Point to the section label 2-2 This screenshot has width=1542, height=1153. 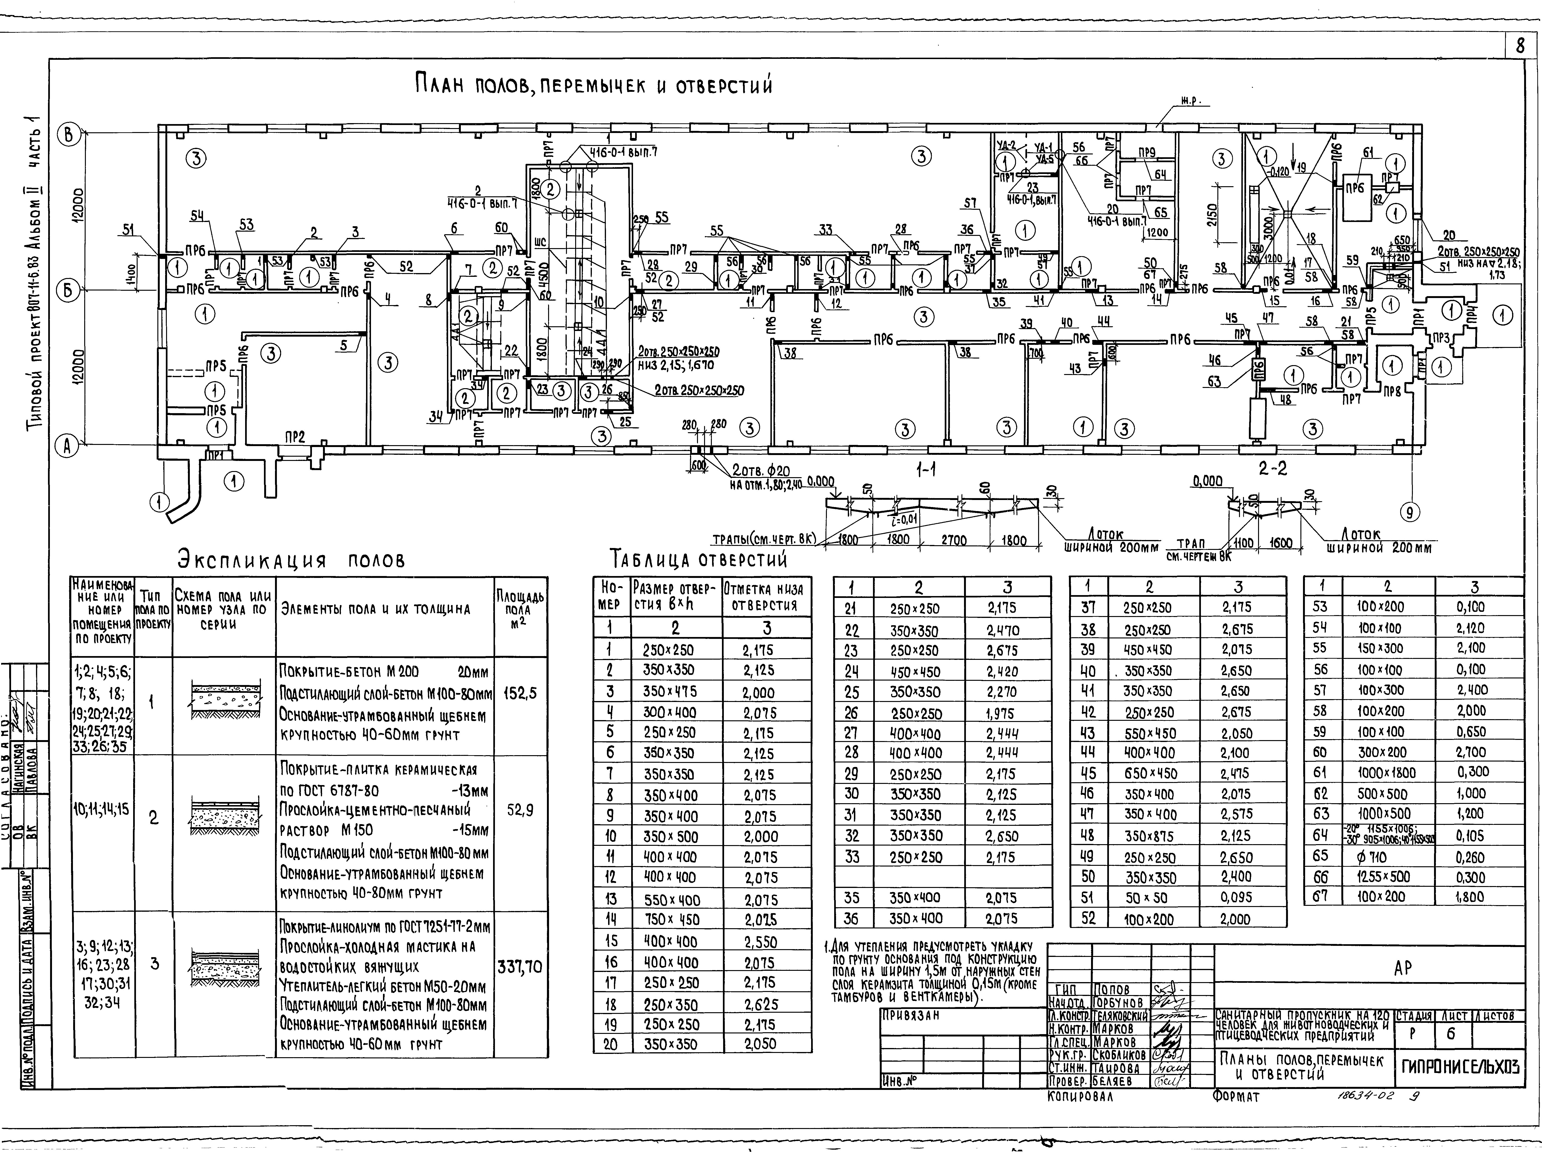click(x=1273, y=469)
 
